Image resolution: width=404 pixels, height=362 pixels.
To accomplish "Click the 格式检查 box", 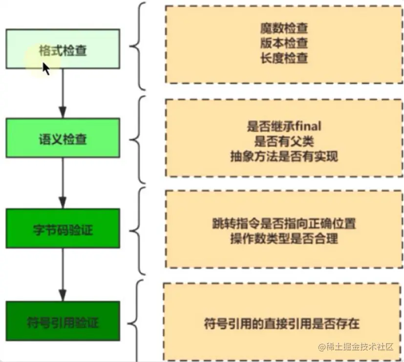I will click(x=62, y=49).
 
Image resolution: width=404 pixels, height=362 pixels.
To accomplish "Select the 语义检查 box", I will click(x=62, y=138).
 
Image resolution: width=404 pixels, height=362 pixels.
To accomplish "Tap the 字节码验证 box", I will click(x=62, y=228).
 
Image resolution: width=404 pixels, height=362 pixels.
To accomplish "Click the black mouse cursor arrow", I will click(x=46, y=69).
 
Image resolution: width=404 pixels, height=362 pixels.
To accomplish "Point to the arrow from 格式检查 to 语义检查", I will click(x=62, y=93).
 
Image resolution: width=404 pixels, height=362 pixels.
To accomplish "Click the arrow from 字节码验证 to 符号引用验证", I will click(x=62, y=274).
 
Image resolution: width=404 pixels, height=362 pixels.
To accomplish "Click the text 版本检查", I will click(x=284, y=43).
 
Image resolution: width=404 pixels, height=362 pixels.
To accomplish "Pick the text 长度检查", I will click(x=284, y=58).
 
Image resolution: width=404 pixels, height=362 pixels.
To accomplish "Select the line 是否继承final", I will click(x=284, y=127).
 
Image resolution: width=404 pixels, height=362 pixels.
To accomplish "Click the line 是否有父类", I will click(x=284, y=142).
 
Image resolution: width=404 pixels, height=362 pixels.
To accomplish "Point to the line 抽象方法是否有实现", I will click(x=284, y=156).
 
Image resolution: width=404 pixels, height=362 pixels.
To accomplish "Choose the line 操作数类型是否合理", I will click(x=284, y=239).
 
